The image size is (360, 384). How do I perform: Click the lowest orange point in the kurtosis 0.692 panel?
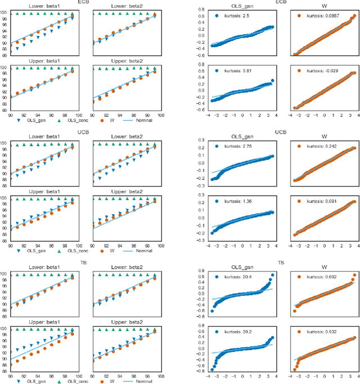click(294, 311)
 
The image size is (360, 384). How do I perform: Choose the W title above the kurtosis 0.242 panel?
click(323, 137)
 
